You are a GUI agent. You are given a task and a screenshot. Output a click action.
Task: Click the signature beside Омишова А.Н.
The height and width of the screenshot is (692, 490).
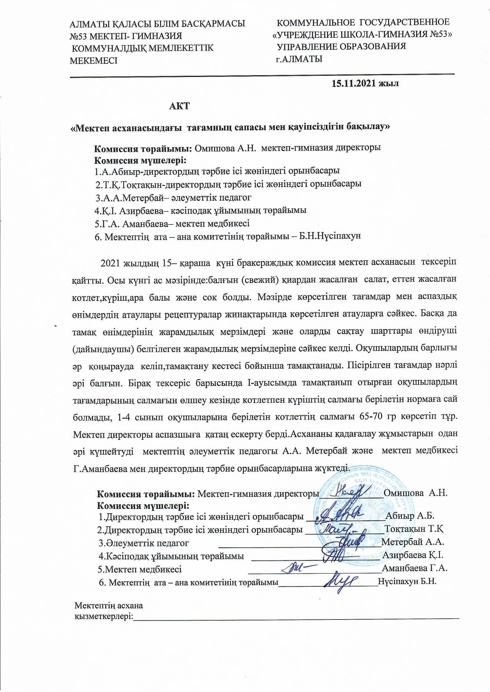point(351,493)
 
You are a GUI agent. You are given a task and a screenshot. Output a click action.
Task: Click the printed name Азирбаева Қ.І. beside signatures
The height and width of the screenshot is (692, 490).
point(412,555)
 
